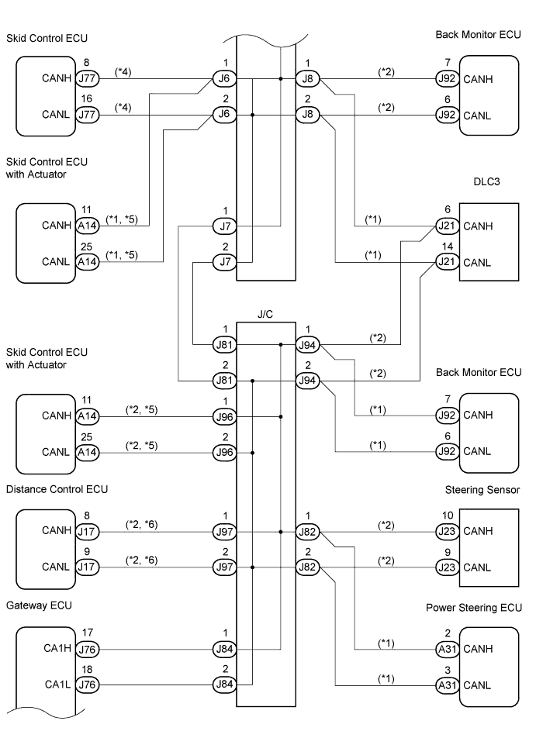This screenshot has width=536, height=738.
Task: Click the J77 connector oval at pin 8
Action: [x=87, y=78]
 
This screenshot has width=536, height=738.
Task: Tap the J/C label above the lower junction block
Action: [x=265, y=315]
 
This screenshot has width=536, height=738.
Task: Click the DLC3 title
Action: [x=486, y=181]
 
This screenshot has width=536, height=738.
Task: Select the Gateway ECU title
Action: [x=39, y=605]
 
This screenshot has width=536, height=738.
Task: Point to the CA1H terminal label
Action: [x=57, y=649]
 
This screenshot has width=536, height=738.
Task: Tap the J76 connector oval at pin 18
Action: [x=87, y=685]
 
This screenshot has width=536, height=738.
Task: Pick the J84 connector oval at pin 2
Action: [x=224, y=685]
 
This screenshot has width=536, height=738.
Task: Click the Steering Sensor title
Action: [x=482, y=490]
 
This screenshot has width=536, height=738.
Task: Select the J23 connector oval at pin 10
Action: [x=447, y=531]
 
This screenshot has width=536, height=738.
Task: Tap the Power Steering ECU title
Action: [x=474, y=608]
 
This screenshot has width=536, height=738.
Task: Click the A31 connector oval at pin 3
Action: [x=447, y=685]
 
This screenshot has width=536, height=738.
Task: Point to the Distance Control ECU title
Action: [x=57, y=489]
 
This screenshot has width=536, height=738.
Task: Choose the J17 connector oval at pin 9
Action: [x=87, y=567]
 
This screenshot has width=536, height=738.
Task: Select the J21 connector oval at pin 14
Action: [x=447, y=262]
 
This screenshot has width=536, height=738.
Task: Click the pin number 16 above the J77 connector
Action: [x=87, y=99]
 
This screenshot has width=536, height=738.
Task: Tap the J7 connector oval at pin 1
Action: [x=225, y=226]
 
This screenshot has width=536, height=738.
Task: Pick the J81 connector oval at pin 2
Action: [x=224, y=381]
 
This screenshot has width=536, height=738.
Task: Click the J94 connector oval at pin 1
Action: [x=308, y=345]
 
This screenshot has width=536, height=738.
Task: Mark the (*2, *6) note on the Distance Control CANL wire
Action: [x=141, y=560]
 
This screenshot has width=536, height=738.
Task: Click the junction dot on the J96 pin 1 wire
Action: [x=281, y=416]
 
